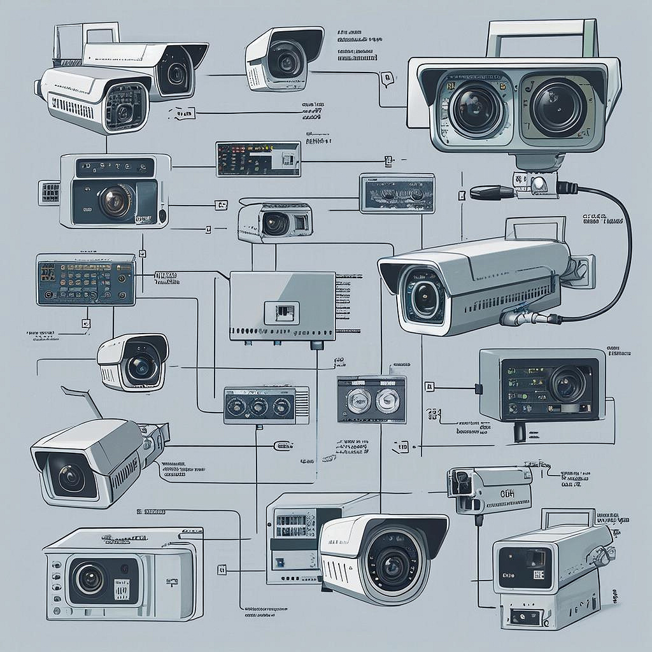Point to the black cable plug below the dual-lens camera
click(x=492, y=191)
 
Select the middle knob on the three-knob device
click(x=258, y=406)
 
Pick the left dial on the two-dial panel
click(x=357, y=400)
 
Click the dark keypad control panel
click(x=85, y=279)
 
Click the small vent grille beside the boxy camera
click(x=49, y=192)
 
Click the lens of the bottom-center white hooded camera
click(x=389, y=561)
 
